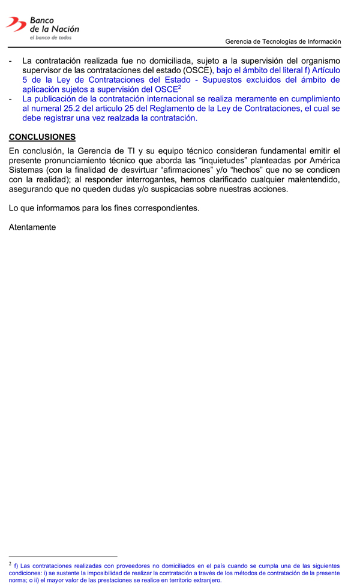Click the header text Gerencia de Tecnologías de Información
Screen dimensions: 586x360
(283, 41)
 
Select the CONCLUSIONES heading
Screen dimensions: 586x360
(42, 137)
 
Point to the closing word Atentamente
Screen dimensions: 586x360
(32, 227)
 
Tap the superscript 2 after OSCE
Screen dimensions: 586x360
(180, 87)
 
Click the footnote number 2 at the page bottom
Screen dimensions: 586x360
(10, 564)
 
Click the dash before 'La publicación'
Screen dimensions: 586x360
(11, 99)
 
